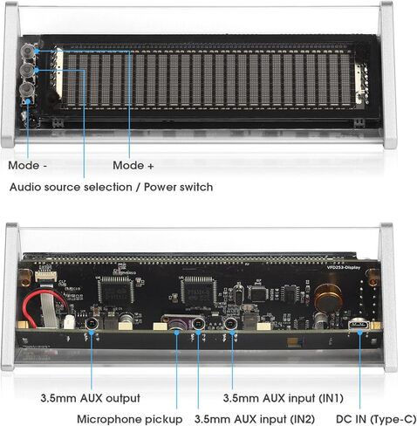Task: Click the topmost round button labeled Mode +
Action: tap(28, 51)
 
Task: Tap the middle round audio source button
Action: tap(28, 70)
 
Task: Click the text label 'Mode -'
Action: tap(27, 166)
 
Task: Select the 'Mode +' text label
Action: tap(133, 166)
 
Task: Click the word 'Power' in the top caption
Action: tap(159, 187)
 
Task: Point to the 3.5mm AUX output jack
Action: tap(92, 324)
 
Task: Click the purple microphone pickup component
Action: tap(176, 323)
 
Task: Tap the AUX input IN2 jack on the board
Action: tap(199, 323)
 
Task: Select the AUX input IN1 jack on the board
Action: tap(231, 323)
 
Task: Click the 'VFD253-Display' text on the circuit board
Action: tap(344, 267)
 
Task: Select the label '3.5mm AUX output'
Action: tap(91, 398)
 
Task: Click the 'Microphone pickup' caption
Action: tap(130, 419)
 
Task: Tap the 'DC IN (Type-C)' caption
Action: tap(376, 419)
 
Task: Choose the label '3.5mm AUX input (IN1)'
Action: tap(284, 398)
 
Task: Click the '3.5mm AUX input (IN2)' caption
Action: tap(255, 419)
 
